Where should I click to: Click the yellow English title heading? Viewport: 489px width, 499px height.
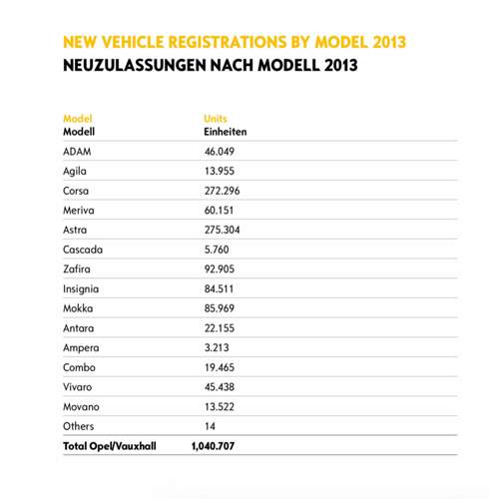235,43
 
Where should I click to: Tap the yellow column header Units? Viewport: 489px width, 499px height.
216,118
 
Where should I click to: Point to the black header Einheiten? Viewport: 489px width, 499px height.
225,131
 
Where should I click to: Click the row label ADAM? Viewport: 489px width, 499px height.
77,151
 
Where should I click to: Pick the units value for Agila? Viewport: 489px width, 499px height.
222,171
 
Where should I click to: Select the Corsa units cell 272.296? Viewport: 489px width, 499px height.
225,190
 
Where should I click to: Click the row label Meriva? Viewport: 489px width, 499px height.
79,210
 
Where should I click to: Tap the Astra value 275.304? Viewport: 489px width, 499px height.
225,230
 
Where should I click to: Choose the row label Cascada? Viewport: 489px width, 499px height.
83,249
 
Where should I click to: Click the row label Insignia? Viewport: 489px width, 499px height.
82,288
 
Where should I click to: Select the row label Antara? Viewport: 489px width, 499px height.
79,328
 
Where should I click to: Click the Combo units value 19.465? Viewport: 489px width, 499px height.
222,367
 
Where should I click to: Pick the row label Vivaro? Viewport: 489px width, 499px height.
79,387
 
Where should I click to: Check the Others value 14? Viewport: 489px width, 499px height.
211,426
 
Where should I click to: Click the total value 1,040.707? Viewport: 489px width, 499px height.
213,446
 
